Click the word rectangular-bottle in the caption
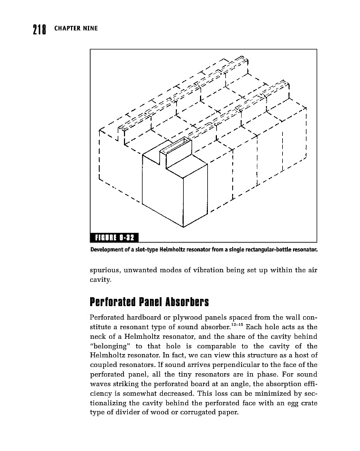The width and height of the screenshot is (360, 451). click(x=270, y=249)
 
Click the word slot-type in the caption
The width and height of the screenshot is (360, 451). click(x=149, y=249)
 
